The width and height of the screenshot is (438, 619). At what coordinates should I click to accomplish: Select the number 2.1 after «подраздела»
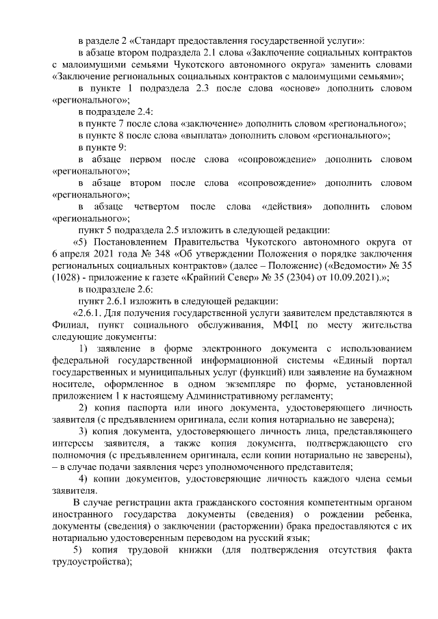pos(200,53)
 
